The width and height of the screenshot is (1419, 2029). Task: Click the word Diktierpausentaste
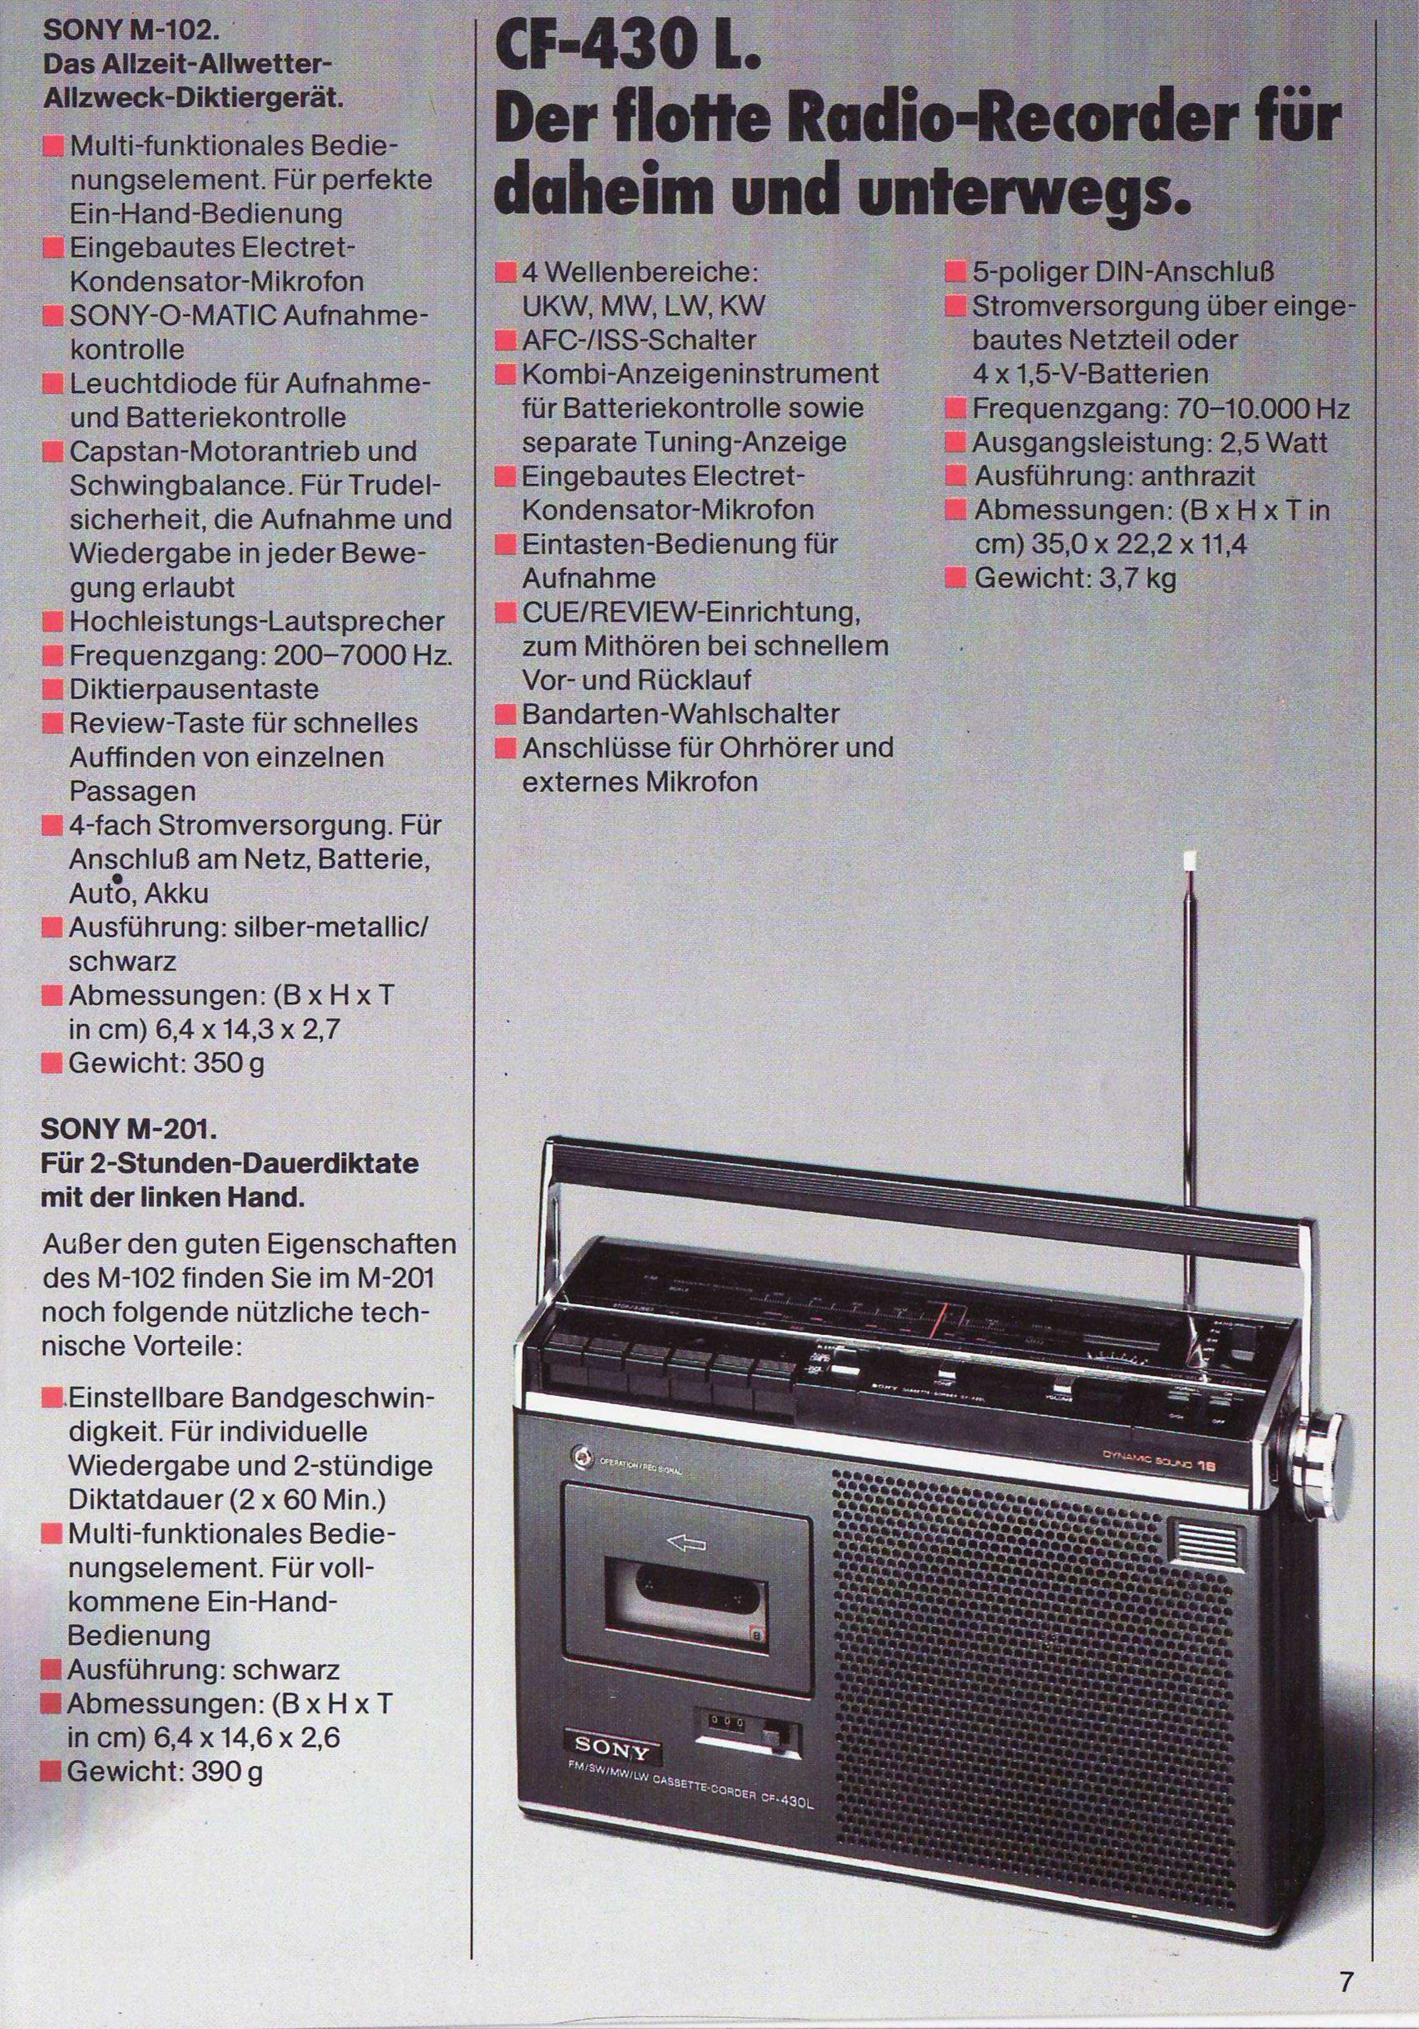tap(194, 689)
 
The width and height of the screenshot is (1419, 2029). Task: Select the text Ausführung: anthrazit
tap(1115, 477)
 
